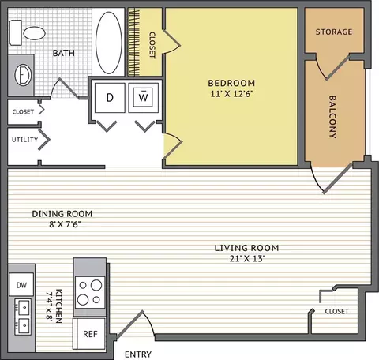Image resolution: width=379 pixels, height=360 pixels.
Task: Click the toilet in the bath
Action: tap(28, 33)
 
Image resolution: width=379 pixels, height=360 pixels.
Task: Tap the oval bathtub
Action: tap(109, 43)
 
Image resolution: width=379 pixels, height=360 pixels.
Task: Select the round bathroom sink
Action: tap(23, 75)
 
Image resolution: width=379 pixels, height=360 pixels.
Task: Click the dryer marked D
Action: tap(110, 98)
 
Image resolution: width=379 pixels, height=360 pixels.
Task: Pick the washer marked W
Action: tap(143, 98)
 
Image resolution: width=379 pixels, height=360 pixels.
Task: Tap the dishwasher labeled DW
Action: tap(21, 284)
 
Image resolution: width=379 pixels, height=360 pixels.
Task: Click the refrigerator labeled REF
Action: tap(90, 334)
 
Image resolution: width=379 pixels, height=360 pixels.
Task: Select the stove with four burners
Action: tap(90, 292)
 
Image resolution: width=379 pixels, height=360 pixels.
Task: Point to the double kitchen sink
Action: tap(23, 317)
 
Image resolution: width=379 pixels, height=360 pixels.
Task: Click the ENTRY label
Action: tap(138, 354)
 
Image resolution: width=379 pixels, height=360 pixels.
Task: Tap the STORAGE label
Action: tap(334, 32)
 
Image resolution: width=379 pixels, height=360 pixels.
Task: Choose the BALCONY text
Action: tap(332, 117)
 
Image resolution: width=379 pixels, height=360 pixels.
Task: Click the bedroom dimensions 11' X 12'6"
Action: tap(231, 94)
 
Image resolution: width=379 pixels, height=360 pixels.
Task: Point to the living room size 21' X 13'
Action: tap(247, 259)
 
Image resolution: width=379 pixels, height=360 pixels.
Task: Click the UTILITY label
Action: tap(24, 140)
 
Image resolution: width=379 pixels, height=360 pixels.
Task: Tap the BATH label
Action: tap(64, 53)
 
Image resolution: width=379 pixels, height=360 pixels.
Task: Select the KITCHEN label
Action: tap(54, 306)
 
